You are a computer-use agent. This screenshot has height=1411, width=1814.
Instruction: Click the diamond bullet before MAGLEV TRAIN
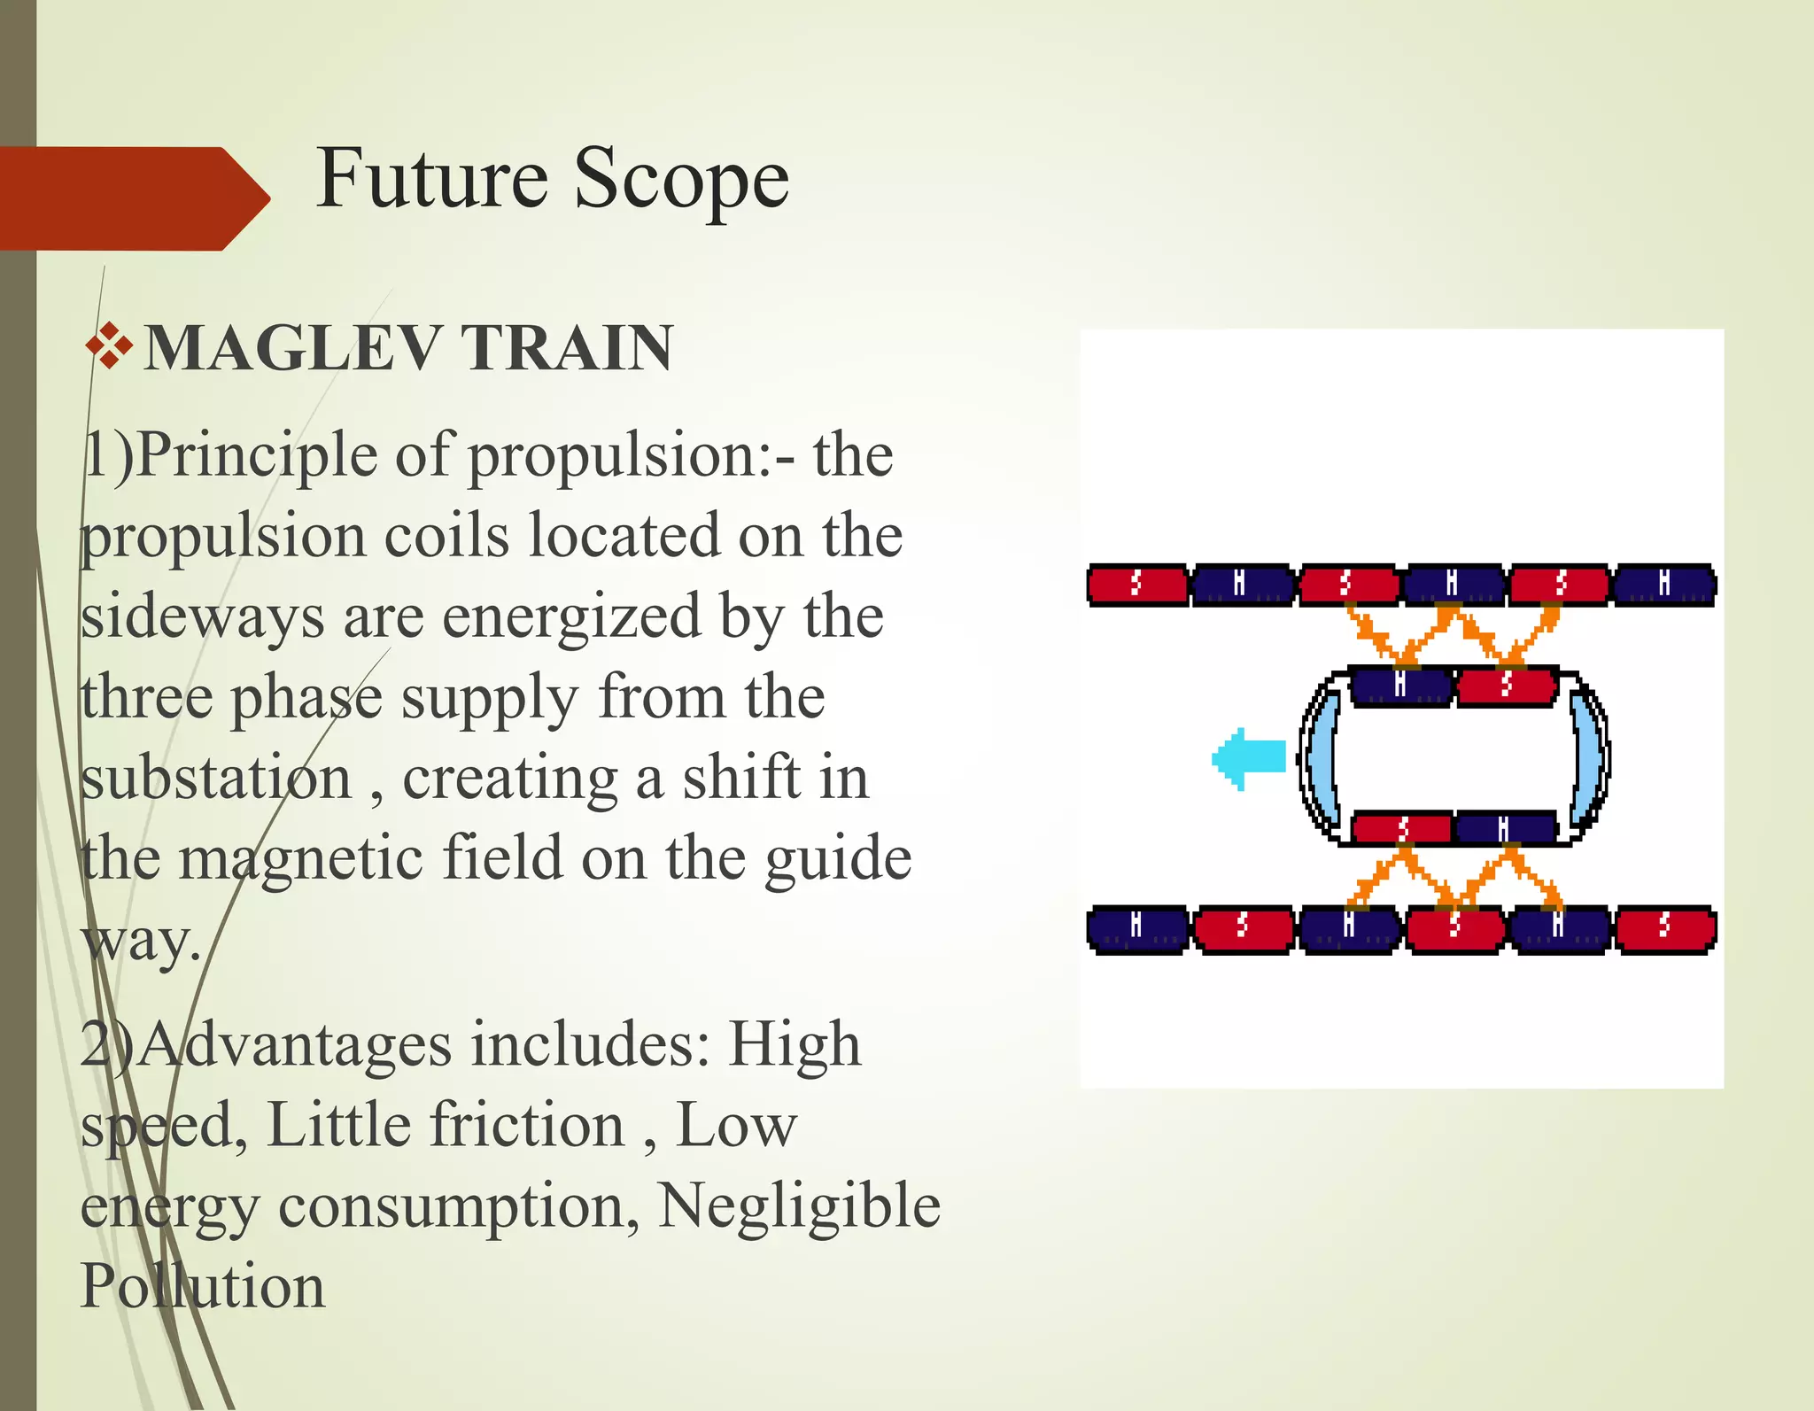[110, 346]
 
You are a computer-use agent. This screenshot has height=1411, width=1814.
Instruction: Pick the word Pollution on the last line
[202, 1287]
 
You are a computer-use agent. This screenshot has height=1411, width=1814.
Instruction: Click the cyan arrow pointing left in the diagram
[1248, 758]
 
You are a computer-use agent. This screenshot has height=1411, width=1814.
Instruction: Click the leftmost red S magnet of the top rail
[1137, 585]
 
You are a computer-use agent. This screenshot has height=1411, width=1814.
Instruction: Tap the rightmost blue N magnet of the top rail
[1664, 585]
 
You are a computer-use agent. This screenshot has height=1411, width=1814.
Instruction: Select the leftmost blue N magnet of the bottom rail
[1137, 928]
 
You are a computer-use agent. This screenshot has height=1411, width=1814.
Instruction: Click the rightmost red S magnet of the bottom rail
[1664, 928]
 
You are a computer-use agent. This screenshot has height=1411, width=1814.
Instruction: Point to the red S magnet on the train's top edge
[1507, 686]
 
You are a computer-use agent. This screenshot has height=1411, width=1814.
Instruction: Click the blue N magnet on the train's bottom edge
[1505, 829]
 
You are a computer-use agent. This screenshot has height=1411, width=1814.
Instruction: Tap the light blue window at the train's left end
[1321, 757]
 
